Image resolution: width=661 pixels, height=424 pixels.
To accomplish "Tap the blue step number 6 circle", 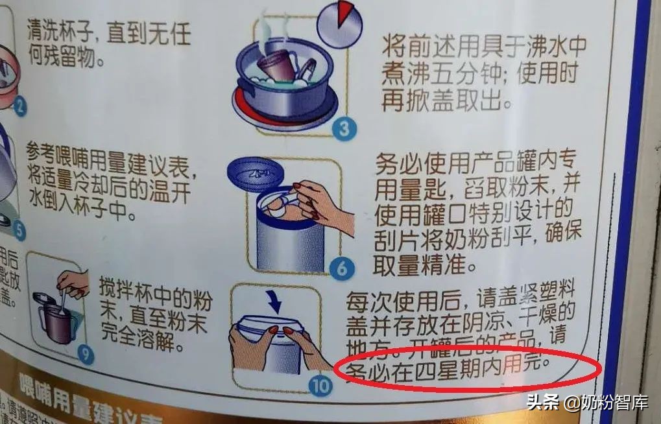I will click(342, 268).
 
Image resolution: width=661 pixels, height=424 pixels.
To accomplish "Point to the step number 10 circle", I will click(320, 386).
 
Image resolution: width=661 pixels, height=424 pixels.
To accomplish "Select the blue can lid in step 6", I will click(255, 173).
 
